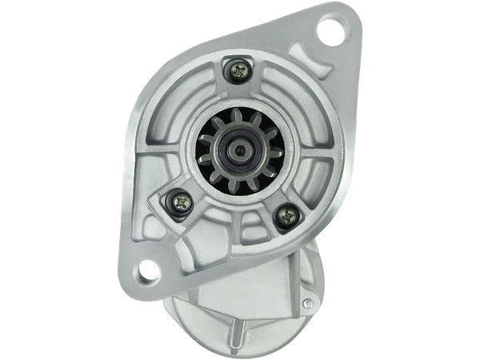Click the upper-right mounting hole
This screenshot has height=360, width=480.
(x=330, y=32)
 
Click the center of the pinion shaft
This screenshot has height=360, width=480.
(x=239, y=149)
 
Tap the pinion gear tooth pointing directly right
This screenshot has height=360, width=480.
(x=272, y=150)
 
